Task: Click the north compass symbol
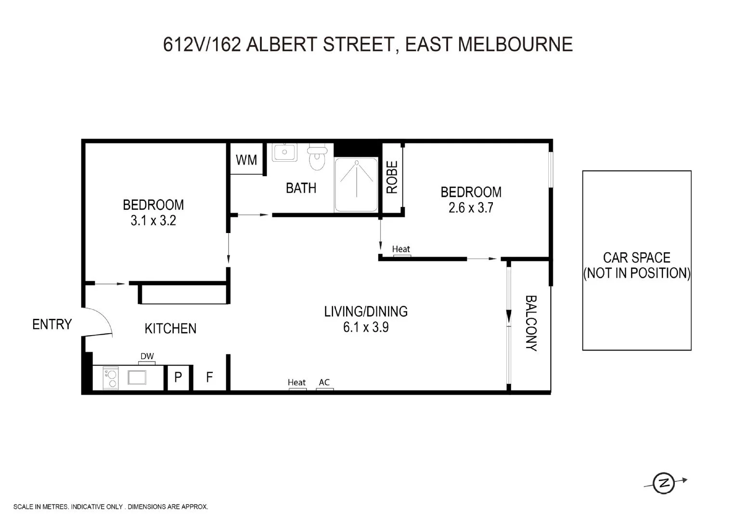click(x=664, y=482)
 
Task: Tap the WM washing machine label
click(x=246, y=160)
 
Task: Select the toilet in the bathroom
click(x=317, y=157)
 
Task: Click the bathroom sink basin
click(x=284, y=152)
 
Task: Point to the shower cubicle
click(x=356, y=185)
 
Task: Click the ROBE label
click(x=392, y=177)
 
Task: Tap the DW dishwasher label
click(x=147, y=356)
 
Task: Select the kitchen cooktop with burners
click(x=111, y=377)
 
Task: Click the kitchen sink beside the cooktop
click(x=137, y=377)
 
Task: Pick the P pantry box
click(x=178, y=377)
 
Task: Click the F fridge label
click(x=209, y=377)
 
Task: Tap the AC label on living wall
click(x=324, y=382)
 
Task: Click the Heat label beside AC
click(x=297, y=382)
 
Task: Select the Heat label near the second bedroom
click(x=401, y=249)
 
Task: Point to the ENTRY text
click(x=52, y=325)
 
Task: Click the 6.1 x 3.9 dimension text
click(x=366, y=327)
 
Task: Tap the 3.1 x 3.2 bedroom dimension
click(x=153, y=221)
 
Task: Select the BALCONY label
click(x=530, y=323)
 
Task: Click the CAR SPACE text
click(x=636, y=258)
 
